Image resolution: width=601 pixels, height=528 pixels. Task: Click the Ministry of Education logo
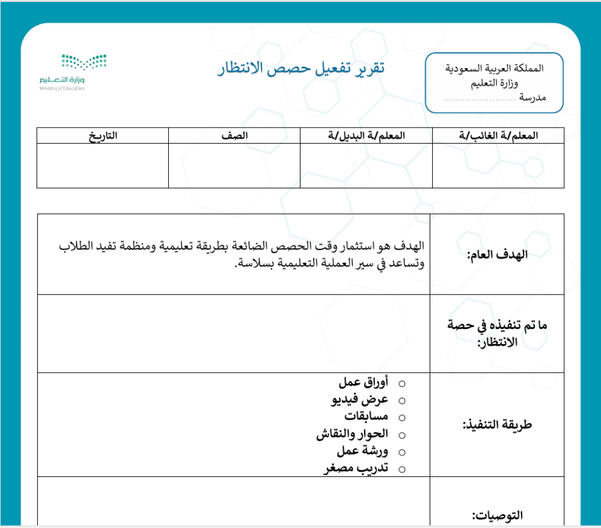[73, 72]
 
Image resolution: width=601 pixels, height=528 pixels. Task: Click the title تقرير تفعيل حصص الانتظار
[301, 69]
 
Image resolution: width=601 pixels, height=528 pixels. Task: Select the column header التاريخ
[103, 136]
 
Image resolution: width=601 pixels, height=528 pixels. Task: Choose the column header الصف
[234, 136]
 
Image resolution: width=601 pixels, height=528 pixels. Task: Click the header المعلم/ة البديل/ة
[366, 136]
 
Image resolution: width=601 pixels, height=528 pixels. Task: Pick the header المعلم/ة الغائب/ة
[498, 136]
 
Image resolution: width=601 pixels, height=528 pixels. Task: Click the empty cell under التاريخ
[103, 165]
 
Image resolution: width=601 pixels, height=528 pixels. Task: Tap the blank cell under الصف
[234, 165]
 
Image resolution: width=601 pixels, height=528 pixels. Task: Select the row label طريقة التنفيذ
[498, 425]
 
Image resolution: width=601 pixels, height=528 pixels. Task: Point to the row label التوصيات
[498, 515]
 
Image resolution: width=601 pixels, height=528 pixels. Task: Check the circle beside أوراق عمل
[402, 383]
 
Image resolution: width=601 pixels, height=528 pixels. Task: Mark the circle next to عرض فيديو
[402, 400]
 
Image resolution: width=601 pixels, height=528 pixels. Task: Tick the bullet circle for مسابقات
[402, 417]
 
